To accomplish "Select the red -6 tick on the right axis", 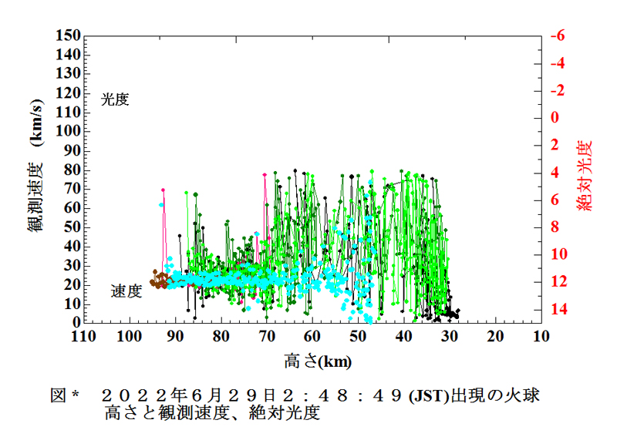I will (558, 35).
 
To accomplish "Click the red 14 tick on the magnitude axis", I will (558, 309).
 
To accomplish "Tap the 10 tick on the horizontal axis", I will (541, 337).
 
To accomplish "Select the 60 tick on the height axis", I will (312, 337).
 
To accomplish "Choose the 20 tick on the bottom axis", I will (495, 337).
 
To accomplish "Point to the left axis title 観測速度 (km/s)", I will (37, 178).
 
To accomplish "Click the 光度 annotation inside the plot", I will (115, 99).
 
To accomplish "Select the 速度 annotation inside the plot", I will (126, 291).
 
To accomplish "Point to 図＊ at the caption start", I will (66, 395).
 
